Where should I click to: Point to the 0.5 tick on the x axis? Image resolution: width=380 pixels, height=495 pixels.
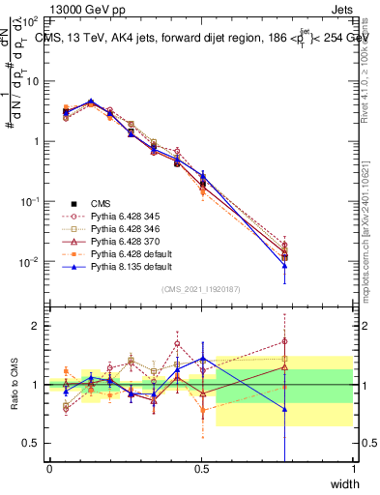(201, 469)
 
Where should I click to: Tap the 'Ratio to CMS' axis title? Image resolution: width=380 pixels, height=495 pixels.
(14, 385)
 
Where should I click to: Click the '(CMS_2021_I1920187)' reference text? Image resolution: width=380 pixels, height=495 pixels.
(200, 289)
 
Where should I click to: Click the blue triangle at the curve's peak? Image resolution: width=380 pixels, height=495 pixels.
(91, 102)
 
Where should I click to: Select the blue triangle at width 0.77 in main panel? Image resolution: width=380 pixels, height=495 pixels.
(284, 267)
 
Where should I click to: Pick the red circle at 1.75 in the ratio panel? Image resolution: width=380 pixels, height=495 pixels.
(284, 340)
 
